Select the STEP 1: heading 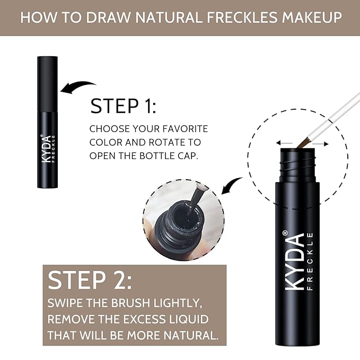coord(123,106)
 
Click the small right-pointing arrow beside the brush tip coord(323,143)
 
